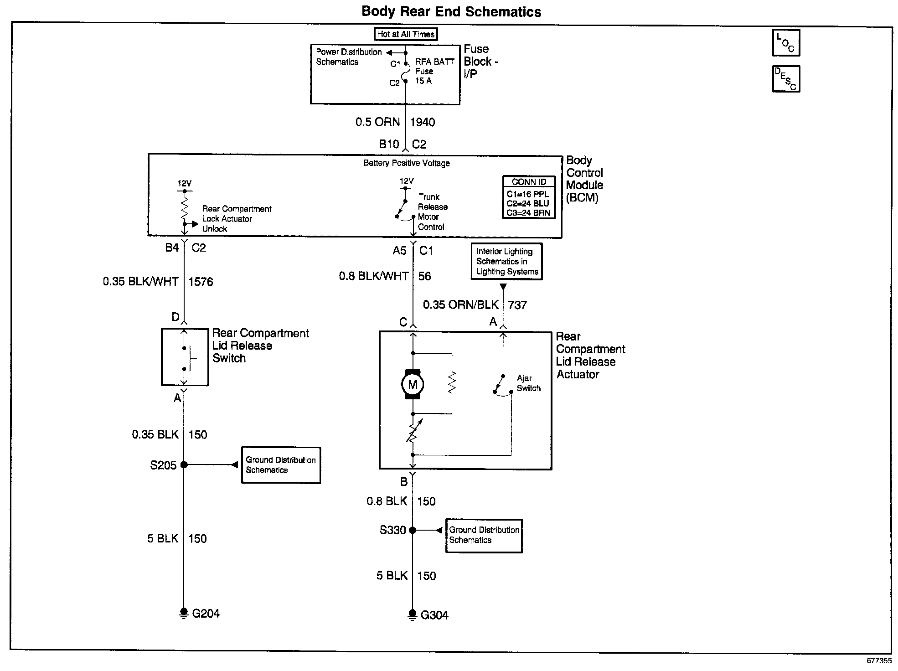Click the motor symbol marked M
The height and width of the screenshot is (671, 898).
(413, 384)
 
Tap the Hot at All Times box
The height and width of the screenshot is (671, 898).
(406, 34)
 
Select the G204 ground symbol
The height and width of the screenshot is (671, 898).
(184, 613)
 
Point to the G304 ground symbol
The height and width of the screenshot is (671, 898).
(412, 614)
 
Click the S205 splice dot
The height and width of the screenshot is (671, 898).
(184, 465)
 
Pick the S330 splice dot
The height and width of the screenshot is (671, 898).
(412, 530)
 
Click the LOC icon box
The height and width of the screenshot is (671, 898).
(786, 43)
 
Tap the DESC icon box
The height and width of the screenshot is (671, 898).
(786, 79)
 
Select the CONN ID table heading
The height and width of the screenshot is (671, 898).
(529, 182)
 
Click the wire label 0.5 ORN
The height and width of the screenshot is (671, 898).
(377, 122)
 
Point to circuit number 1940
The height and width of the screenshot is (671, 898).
(423, 122)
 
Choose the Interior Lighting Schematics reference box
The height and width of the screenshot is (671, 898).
(506, 261)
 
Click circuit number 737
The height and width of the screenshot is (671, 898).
(517, 305)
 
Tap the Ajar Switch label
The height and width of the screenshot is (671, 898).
(529, 383)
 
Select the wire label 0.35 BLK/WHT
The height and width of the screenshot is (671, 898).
(140, 282)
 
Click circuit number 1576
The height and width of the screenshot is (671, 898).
(201, 282)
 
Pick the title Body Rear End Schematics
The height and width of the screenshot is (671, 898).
(451, 11)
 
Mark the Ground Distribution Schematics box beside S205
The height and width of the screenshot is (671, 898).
(281, 465)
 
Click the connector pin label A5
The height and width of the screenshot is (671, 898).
(400, 250)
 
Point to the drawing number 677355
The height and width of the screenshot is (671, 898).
(879, 661)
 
